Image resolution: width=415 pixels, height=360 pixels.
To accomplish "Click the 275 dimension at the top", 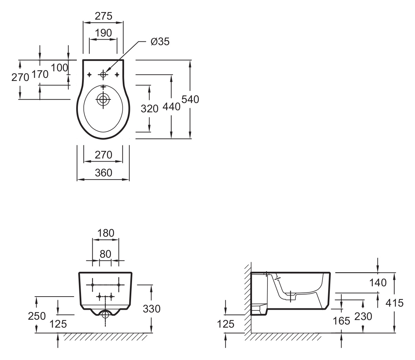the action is tap(103, 16).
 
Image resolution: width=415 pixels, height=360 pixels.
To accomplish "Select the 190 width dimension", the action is tap(103, 33).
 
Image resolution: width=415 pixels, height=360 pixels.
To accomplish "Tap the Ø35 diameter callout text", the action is tap(160, 42).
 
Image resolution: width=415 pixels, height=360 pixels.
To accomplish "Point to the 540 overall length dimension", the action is tap(190, 99).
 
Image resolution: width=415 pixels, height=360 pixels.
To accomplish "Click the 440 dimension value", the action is tap(171, 106).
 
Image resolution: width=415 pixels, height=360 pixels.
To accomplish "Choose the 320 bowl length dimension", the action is tap(150, 109).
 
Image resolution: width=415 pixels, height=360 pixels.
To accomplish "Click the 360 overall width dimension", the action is tap(103, 173).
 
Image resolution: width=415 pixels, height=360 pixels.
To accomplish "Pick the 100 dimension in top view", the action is tap(59, 68).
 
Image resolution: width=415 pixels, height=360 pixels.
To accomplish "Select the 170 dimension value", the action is tap(40, 74).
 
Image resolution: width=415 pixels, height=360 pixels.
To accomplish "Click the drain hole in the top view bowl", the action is tap(103, 99).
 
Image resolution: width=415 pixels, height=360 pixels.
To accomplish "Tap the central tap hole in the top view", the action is tap(103, 75).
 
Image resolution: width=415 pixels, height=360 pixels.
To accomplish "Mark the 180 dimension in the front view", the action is tap(106, 233).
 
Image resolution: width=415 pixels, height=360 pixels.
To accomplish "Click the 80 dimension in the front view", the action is tap(105, 254).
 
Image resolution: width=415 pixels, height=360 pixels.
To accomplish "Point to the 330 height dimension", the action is tap(152, 309).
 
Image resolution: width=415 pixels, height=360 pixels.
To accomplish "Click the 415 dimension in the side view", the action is tap(395, 303).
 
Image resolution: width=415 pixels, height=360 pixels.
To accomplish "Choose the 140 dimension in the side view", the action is tap(378, 282).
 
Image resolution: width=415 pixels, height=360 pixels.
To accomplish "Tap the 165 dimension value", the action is tap(342, 321).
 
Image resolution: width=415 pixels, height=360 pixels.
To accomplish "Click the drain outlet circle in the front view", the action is tap(105, 315).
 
